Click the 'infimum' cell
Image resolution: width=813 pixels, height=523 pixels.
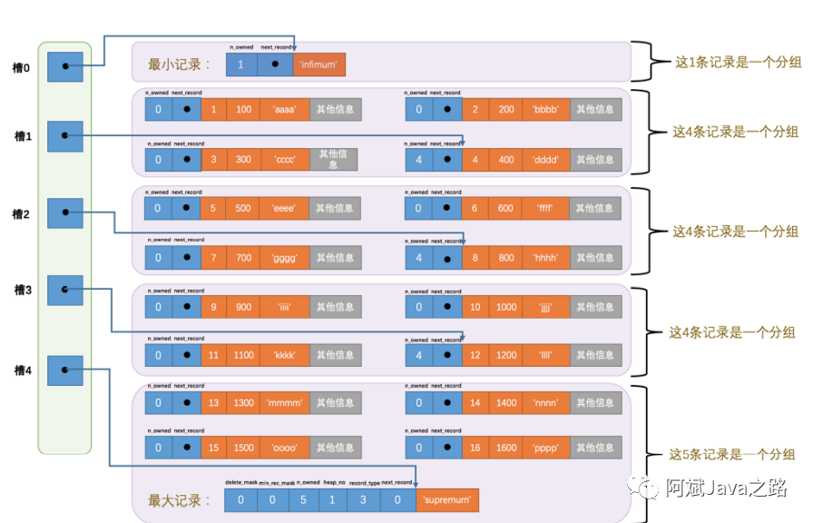319,65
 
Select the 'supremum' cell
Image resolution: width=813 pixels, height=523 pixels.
447,500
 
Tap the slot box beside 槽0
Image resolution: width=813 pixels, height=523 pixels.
64,66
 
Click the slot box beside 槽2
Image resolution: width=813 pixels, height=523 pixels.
64,213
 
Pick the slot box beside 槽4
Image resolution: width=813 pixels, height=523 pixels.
64,370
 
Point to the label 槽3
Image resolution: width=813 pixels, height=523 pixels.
23,291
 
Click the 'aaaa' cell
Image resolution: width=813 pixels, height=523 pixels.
284,110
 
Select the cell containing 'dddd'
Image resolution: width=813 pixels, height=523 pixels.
547,160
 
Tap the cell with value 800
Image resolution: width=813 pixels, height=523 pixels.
506,258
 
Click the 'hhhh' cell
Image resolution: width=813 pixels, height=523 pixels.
547,258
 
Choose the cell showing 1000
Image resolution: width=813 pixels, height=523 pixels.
506,307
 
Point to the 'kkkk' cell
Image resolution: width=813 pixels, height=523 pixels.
284,356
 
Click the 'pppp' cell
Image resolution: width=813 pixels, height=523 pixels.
547,448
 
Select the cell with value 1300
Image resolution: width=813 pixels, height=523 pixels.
243,403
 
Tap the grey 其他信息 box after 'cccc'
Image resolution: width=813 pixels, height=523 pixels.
333,160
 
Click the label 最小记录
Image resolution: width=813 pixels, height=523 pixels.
179,65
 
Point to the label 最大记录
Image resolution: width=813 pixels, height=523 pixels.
179,500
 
